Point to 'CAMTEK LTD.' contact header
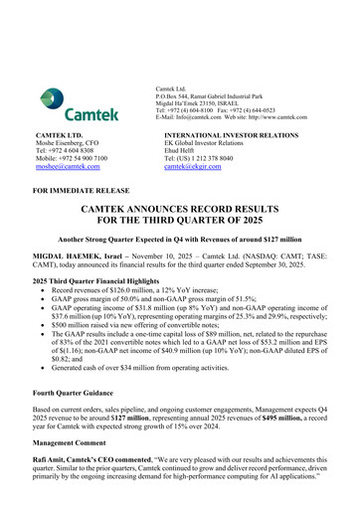[x=57, y=131]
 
